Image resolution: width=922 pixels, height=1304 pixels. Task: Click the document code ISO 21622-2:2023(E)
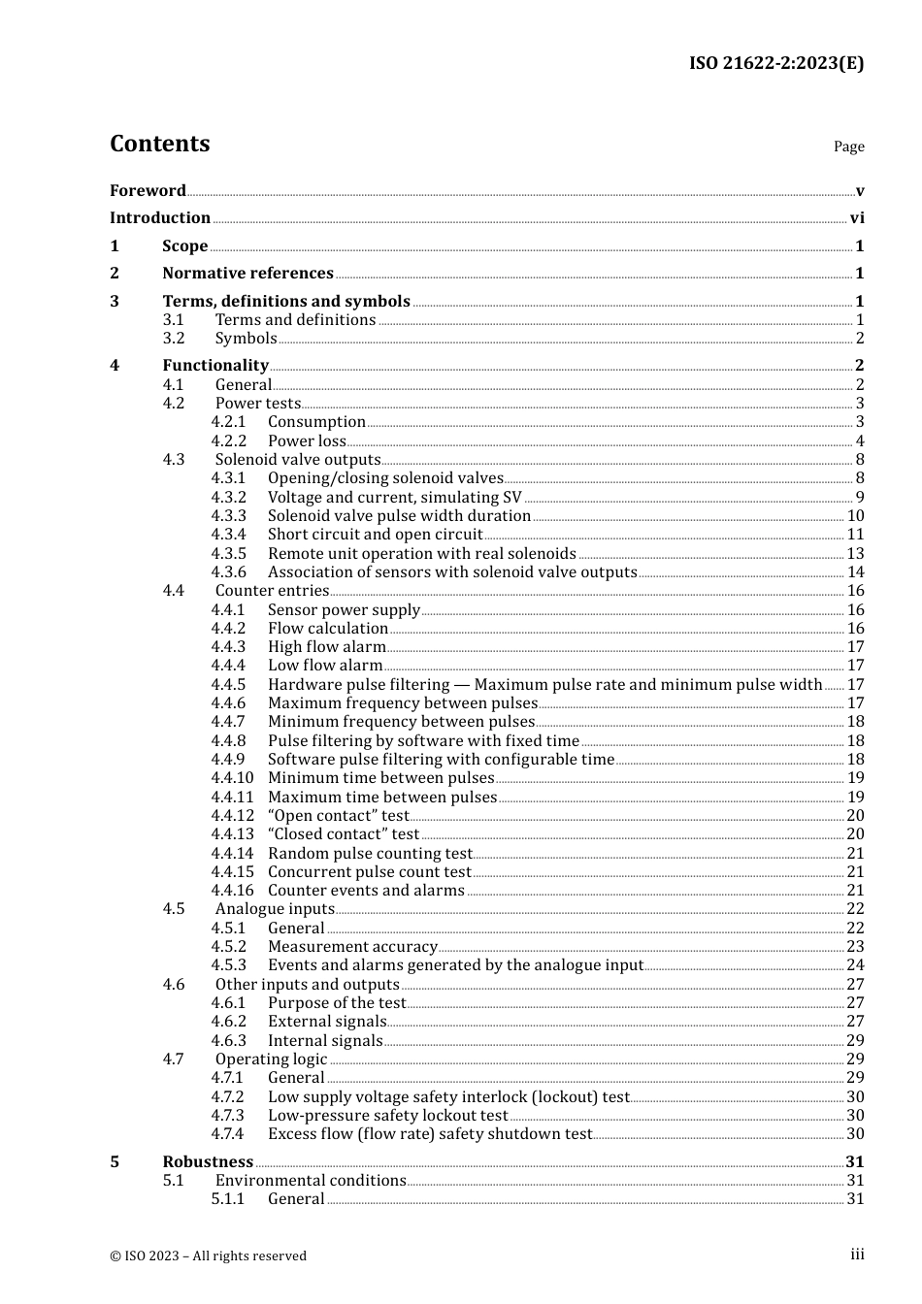pyautogui.click(x=775, y=63)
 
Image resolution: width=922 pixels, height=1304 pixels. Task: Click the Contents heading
pyautogui.click(x=159, y=144)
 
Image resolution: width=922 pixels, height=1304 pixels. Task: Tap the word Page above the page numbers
pyautogui.click(x=848, y=147)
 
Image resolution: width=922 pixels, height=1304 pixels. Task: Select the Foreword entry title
pyautogui.click(x=148, y=190)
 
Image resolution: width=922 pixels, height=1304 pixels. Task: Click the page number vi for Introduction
pyautogui.click(x=857, y=218)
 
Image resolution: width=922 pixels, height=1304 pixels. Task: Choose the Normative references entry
pyautogui.click(x=247, y=274)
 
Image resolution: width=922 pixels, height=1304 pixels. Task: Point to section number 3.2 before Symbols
pyautogui.click(x=174, y=339)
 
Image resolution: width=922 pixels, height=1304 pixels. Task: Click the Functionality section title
pyautogui.click(x=214, y=366)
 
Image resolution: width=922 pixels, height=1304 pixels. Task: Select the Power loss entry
pyautogui.click(x=307, y=440)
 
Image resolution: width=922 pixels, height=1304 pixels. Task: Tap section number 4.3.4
pyautogui.click(x=229, y=535)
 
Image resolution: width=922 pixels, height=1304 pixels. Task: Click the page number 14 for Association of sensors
pyautogui.click(x=855, y=572)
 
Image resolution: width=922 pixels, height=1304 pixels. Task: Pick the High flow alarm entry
pyautogui.click(x=326, y=647)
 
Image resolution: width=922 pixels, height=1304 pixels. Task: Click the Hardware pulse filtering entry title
pyautogui.click(x=544, y=685)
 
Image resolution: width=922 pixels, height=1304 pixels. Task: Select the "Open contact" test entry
pyautogui.click(x=338, y=816)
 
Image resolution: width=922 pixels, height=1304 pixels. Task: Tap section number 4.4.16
pyautogui.click(x=233, y=891)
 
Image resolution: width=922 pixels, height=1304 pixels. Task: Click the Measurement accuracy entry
pyautogui.click(x=352, y=947)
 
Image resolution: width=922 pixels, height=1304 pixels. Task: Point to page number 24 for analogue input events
pyautogui.click(x=855, y=965)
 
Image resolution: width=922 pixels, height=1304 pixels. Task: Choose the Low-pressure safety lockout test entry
pyautogui.click(x=387, y=1116)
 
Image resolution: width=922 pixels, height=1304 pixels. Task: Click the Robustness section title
pyautogui.click(x=208, y=1162)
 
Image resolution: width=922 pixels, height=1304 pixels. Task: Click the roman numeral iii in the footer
pyautogui.click(x=857, y=1255)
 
